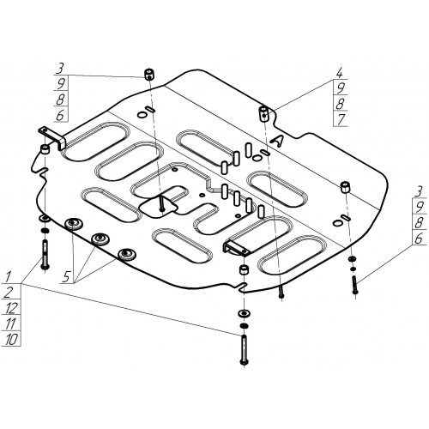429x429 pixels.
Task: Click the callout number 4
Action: pyautogui.click(x=340, y=74)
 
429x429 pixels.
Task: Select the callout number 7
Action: pyautogui.click(x=341, y=120)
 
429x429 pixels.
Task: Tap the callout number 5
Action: pyautogui.click(x=66, y=277)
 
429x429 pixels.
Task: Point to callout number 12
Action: pyautogui.click(x=12, y=308)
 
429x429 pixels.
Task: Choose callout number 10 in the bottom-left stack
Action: pyautogui.click(x=11, y=340)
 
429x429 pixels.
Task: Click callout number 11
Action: pyautogui.click(x=10, y=323)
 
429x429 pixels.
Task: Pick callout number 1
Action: pyautogui.click(x=8, y=276)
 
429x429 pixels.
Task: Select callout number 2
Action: pyautogui.click(x=9, y=293)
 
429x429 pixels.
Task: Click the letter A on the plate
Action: pyautogui.click(x=277, y=142)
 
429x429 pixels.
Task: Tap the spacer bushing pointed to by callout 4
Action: pyautogui.click(x=263, y=113)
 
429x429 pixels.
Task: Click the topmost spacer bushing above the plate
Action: pyautogui.click(x=148, y=75)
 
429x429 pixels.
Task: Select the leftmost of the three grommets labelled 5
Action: pyautogui.click(x=74, y=223)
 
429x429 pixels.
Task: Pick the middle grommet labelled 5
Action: pyautogui.click(x=100, y=239)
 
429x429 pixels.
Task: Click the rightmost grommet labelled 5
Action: pyautogui.click(x=127, y=254)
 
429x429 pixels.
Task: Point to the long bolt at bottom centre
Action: pyautogui.click(x=244, y=349)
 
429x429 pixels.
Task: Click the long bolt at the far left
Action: pyautogui.click(x=45, y=255)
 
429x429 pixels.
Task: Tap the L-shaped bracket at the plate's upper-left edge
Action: pyautogui.click(x=52, y=137)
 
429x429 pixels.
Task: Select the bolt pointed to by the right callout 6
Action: pyautogui.click(x=355, y=285)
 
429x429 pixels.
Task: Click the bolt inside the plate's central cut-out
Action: pyautogui.click(x=162, y=202)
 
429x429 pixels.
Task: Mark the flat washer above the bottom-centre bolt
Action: pyautogui.click(x=244, y=313)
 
